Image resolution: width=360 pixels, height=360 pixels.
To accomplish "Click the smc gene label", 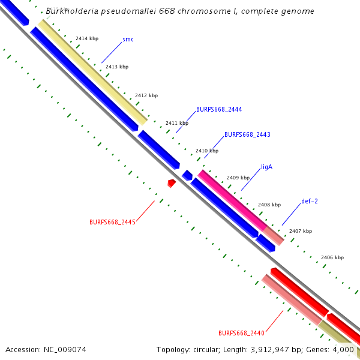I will (x=128, y=40).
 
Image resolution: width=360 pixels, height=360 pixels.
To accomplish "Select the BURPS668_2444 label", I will (x=219, y=110).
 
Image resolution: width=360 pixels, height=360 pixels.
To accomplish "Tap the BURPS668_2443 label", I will (x=247, y=135).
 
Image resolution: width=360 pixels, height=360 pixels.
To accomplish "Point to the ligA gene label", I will (x=266, y=167).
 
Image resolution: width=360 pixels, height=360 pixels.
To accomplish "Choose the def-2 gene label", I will (x=310, y=201).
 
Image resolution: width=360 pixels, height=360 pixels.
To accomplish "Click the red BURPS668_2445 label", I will (x=112, y=222).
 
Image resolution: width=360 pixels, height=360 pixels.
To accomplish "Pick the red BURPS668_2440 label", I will (x=241, y=333).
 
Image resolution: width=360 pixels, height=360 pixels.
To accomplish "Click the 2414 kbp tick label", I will (x=86, y=38).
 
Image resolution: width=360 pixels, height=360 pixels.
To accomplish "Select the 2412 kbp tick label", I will (x=146, y=95).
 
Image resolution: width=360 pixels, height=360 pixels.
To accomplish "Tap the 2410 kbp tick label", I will (x=207, y=151).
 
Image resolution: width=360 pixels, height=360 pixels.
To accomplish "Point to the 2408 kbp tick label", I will (x=269, y=205).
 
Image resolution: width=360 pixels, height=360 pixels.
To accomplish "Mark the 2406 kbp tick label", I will (x=332, y=257).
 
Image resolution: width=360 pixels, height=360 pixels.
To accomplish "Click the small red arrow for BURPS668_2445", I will (x=172, y=182).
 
